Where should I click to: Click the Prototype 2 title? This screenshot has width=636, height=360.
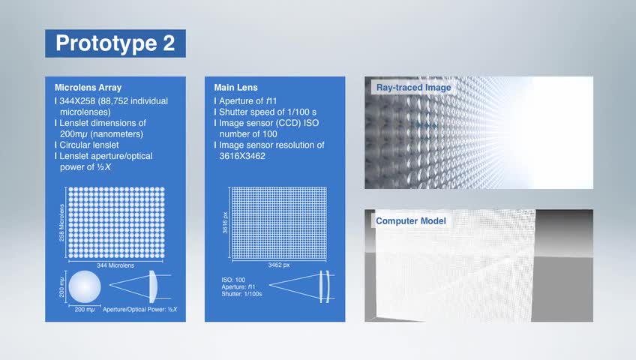115,43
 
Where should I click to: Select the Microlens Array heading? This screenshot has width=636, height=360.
88,88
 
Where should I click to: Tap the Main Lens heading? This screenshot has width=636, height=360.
235,88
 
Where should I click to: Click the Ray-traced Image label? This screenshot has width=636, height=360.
413,88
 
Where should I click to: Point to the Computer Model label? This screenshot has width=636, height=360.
410,221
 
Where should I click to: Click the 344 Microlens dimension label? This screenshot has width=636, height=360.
115,265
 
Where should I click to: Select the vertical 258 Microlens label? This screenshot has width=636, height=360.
61,223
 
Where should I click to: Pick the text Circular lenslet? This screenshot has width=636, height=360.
89,145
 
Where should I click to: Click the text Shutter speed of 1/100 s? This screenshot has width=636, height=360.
268,112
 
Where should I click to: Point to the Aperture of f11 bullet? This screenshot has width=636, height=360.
247,101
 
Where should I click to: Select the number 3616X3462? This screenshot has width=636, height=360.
242,156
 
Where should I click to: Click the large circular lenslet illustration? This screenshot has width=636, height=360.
84,286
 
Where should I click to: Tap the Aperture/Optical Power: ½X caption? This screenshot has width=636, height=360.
140,309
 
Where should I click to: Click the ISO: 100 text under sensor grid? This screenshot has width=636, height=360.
233,280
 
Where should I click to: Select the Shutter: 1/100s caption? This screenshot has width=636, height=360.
241,294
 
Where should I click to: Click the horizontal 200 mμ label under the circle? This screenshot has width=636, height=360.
84,310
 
